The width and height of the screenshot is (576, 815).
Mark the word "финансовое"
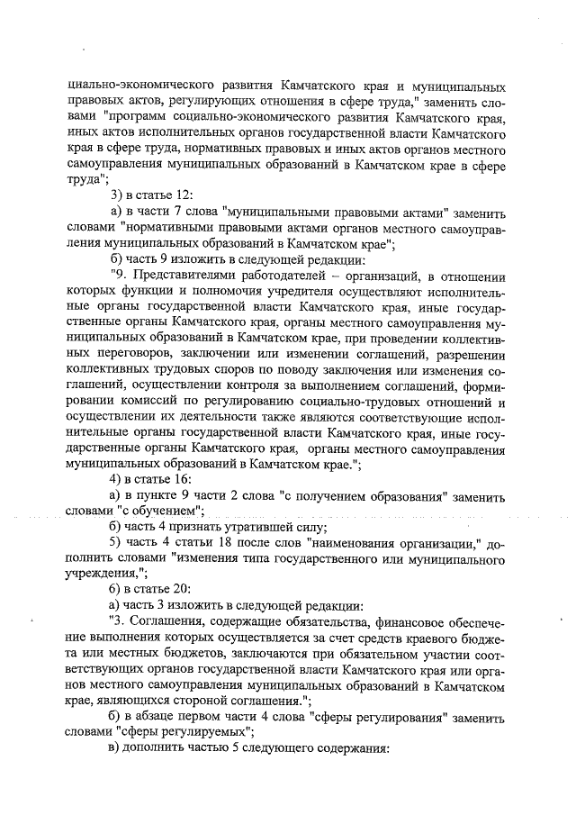point(393,621)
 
